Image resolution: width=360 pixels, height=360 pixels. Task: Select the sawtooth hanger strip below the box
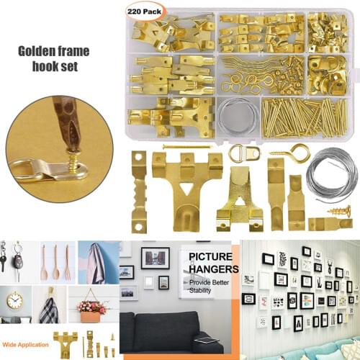click(x=139, y=190)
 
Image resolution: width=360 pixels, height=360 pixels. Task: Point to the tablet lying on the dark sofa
click(x=205, y=339)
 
